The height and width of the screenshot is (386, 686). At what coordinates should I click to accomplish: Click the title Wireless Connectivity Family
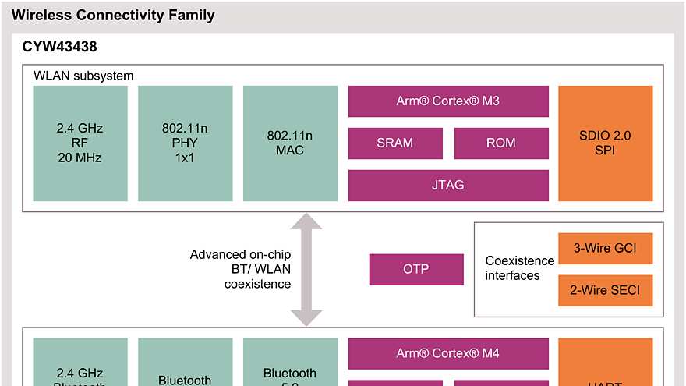pyautogui.click(x=113, y=15)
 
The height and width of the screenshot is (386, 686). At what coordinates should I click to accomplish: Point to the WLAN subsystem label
pyautogui.click(x=83, y=76)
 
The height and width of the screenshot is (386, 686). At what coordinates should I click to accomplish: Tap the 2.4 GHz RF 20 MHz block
pyautogui.click(x=80, y=143)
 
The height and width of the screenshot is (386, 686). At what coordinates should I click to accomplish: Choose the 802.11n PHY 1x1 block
pyautogui.click(x=185, y=143)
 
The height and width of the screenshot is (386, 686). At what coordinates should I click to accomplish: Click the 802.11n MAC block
pyautogui.click(x=289, y=143)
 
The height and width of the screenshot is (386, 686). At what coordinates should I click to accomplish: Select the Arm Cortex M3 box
pyautogui.click(x=447, y=101)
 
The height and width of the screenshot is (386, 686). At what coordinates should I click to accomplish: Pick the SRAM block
pyautogui.click(x=394, y=143)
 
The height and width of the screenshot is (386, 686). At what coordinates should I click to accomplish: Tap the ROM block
pyautogui.click(x=500, y=143)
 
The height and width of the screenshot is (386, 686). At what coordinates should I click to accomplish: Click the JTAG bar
pyautogui.click(x=447, y=185)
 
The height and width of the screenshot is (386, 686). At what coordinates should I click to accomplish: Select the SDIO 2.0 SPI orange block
pyautogui.click(x=605, y=143)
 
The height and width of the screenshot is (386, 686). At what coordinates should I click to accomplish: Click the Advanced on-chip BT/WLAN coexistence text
pyautogui.click(x=240, y=269)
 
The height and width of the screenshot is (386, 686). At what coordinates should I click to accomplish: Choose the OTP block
pyautogui.click(x=415, y=269)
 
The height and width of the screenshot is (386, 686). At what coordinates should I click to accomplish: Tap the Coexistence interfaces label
pyautogui.click(x=519, y=268)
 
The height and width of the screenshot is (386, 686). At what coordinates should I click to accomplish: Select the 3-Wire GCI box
pyautogui.click(x=605, y=249)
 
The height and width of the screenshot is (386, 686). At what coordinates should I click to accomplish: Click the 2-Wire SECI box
pyautogui.click(x=605, y=291)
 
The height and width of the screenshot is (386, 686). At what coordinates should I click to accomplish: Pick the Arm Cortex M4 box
pyautogui.click(x=447, y=352)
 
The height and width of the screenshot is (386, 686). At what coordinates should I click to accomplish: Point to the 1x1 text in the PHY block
pyautogui.click(x=185, y=158)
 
